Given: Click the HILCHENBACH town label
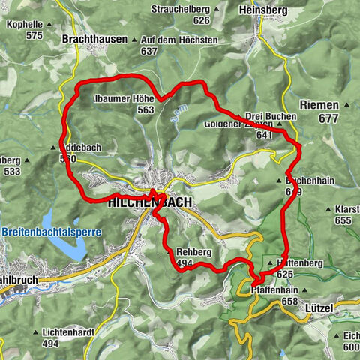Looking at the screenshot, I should coord(150,203).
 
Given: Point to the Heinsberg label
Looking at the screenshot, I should coord(262,11).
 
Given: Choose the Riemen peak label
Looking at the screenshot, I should coord(319,106).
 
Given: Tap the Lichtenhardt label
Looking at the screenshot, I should coord(50,331).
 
